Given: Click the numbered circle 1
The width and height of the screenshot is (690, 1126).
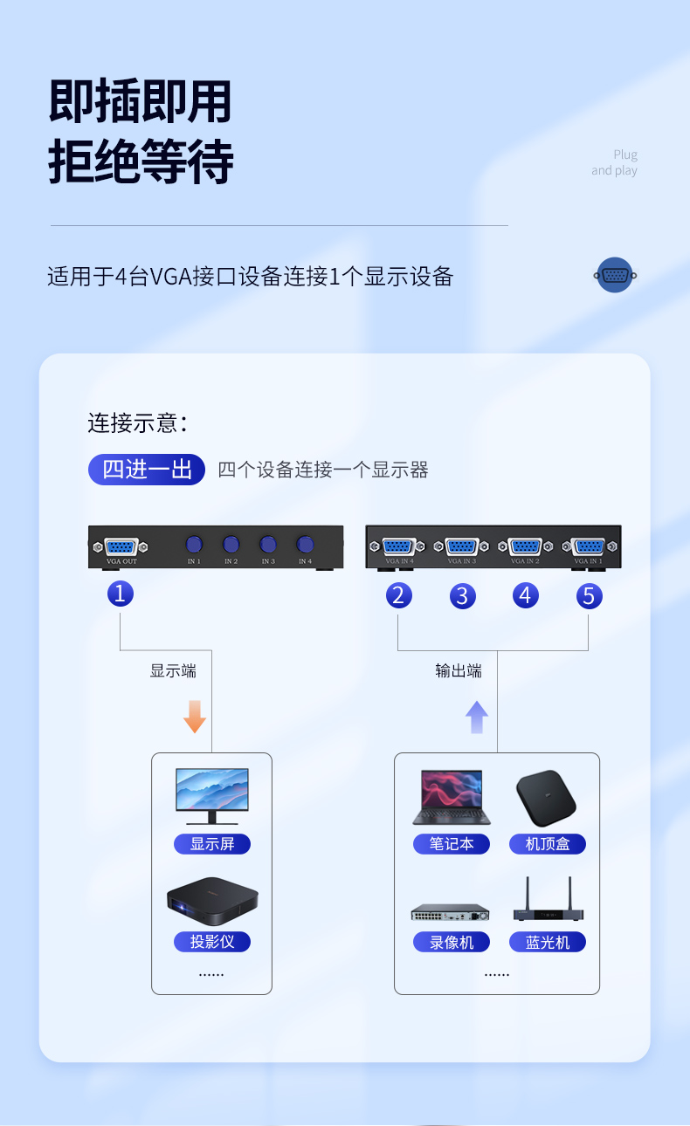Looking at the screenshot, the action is point(121,594).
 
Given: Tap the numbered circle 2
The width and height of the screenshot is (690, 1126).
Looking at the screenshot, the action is point(398,595).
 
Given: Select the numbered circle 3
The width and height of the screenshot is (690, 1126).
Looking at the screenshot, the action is point(462,596).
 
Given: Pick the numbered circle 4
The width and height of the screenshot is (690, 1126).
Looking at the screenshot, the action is point(525,595).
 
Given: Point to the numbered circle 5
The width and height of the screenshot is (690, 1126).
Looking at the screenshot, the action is point(589,595).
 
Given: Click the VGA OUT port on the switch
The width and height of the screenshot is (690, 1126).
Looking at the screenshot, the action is point(121,547).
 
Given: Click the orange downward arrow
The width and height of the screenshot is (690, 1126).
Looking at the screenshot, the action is point(195,717).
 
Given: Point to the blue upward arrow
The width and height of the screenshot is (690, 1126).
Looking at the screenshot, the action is point(477,717).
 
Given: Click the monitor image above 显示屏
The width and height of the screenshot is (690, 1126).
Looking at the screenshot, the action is point(211,795).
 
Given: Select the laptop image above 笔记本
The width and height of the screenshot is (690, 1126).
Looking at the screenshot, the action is point(452,796).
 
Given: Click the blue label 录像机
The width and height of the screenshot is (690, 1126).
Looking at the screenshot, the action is point(452,943).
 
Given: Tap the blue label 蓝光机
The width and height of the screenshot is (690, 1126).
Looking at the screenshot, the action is point(548,943).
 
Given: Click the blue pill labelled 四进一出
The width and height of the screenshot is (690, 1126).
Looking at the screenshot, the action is point(147,470).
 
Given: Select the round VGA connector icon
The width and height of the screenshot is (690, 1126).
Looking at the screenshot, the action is point(615,275).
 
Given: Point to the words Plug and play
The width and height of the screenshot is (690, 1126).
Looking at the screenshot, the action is point(615,162).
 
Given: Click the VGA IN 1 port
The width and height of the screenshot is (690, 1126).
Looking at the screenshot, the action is point(589,546).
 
